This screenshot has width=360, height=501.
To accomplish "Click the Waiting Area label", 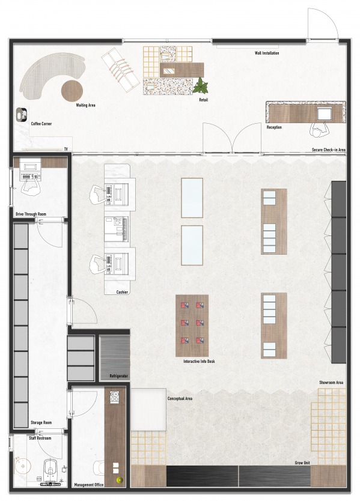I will pos(86,105).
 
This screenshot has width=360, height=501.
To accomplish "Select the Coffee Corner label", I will pos(41,124).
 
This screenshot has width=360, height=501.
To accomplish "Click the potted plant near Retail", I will pos(201,86).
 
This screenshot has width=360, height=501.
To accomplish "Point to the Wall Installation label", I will pos(267,53).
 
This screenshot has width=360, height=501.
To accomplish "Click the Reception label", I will pos(274,127).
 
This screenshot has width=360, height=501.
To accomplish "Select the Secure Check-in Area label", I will pos(328,150).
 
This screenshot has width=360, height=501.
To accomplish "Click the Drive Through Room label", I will pos(31,213).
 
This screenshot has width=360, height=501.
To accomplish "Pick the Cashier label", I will pos(122,292).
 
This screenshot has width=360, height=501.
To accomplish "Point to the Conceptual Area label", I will pos(180,398).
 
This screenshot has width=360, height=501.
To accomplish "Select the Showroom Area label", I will pos(331,382).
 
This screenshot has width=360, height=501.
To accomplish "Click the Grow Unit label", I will pos(302,463).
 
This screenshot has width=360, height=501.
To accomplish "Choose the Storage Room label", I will pos(40,423).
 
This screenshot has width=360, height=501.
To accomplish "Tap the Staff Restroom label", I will pos(40,439).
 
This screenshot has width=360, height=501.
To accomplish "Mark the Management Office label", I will pos(89,485).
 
